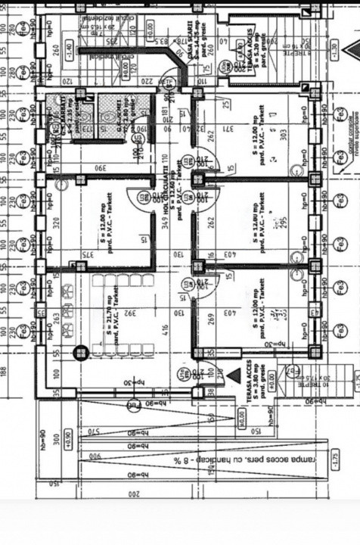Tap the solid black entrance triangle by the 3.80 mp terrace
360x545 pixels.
pyautogui.click(x=213, y=375)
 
